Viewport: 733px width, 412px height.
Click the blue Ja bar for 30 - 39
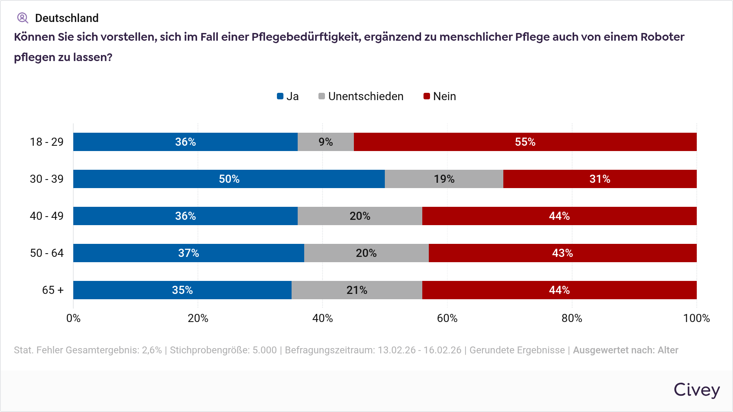[x=229, y=179]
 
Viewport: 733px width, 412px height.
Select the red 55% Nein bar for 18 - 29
[x=525, y=142]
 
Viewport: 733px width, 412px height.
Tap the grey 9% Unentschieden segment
[x=326, y=142]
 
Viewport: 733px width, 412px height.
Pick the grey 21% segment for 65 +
[x=357, y=290]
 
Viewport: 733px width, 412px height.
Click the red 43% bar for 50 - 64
[x=562, y=253]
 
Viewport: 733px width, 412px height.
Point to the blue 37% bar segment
[x=189, y=253]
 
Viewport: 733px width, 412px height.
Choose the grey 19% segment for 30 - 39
[x=444, y=179]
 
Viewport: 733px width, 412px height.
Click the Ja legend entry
[x=288, y=96]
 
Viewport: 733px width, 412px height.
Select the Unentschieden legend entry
[x=361, y=96]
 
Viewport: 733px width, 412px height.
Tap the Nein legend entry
[x=440, y=96]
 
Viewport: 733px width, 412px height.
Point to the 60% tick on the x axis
[x=447, y=318]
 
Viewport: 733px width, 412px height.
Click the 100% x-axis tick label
[x=696, y=318]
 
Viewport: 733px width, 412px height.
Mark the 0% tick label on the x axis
[x=73, y=318]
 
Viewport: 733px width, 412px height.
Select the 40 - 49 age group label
[x=47, y=216]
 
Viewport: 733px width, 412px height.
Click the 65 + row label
[x=53, y=290]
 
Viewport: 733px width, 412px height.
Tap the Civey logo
[x=696, y=390]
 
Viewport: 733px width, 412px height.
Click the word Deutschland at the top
[x=67, y=18]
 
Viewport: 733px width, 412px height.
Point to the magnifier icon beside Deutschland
[x=22, y=18]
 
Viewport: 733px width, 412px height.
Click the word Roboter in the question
[x=662, y=37]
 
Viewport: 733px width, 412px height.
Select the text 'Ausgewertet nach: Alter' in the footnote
[x=625, y=351]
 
